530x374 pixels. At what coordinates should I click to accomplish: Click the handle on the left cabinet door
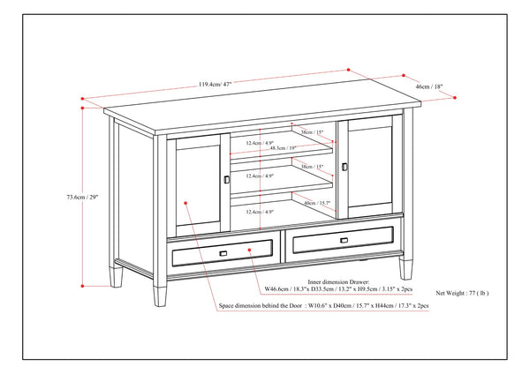(226, 179)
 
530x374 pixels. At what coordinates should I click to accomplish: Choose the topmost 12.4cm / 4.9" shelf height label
(260, 143)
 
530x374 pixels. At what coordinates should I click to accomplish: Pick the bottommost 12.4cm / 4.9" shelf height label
(260, 212)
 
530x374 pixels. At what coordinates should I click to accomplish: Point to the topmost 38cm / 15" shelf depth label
(312, 132)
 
